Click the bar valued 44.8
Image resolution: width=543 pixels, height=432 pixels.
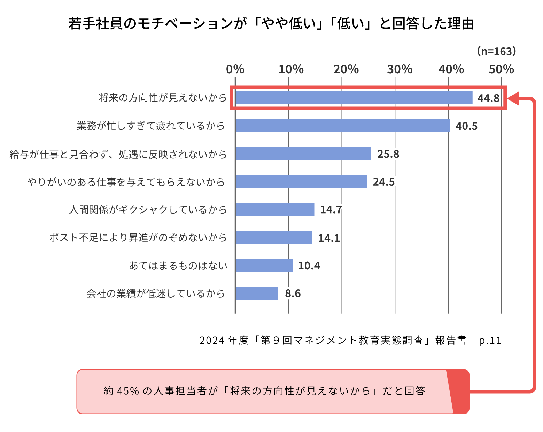click(x=354, y=98)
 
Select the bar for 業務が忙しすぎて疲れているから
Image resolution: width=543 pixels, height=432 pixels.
click(x=343, y=126)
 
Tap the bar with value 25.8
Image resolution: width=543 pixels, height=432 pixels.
click(x=303, y=154)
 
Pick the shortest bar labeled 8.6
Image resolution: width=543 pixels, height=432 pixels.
click(x=256, y=293)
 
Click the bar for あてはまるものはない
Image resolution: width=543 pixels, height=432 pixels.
click(x=264, y=266)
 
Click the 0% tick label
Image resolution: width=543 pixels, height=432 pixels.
click(x=235, y=69)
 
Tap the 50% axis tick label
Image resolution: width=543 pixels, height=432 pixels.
click(x=501, y=69)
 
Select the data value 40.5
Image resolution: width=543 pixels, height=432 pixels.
click(x=466, y=126)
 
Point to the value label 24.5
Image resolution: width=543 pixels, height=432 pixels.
click(x=383, y=182)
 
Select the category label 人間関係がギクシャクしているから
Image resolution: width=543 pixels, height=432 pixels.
click(x=148, y=210)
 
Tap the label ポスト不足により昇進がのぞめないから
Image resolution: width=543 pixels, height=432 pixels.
click(x=138, y=238)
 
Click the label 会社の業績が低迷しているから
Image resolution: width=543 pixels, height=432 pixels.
click(x=156, y=293)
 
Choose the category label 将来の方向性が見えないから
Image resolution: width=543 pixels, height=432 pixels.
click(x=163, y=98)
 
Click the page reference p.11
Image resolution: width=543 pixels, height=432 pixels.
click(x=490, y=340)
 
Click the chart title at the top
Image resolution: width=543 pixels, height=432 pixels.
click(x=271, y=24)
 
